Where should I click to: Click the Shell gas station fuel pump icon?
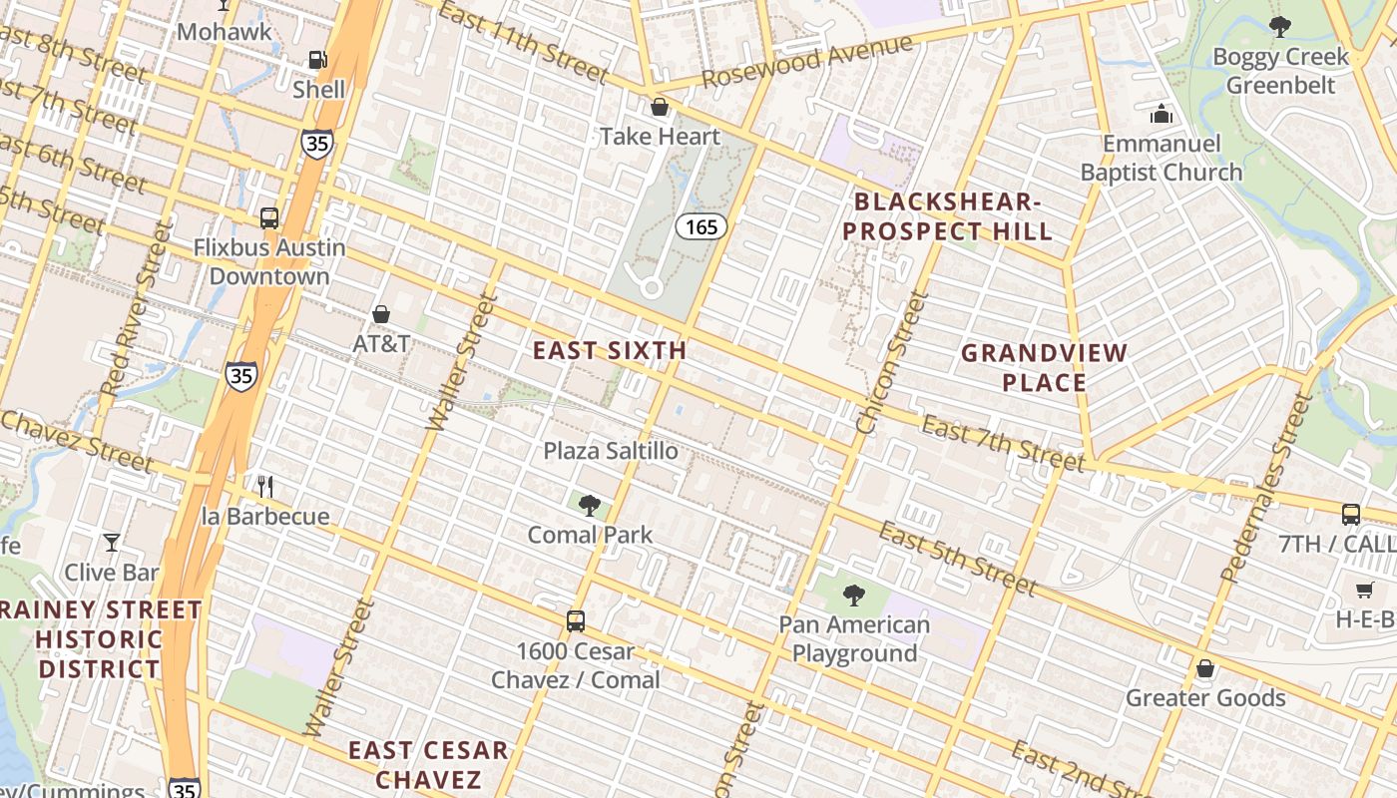pyautogui.click(x=317, y=60)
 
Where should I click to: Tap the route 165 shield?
pyautogui.click(x=701, y=226)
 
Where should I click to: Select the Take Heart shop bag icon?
pyautogui.click(x=659, y=107)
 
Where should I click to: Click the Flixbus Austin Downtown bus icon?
pyautogui.click(x=268, y=217)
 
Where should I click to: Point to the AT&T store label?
pyautogui.click(x=381, y=343)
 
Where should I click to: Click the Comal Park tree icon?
pyautogui.click(x=590, y=505)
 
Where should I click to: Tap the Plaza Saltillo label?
pyautogui.click(x=610, y=451)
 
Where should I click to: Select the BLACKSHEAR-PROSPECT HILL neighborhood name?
pyautogui.click(x=947, y=216)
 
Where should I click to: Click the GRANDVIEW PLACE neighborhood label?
pyautogui.click(x=1044, y=367)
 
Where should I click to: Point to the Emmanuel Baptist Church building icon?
pyautogui.click(x=1161, y=115)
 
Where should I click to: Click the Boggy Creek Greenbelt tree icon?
pyautogui.click(x=1279, y=27)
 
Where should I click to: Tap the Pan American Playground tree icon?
pyautogui.click(x=853, y=596)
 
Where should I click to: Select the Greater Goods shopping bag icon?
pyautogui.click(x=1205, y=668)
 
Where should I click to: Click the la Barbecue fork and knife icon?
pyautogui.click(x=265, y=487)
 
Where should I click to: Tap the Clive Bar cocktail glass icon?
pyautogui.click(x=112, y=543)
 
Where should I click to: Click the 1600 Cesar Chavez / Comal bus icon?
pyautogui.click(x=576, y=620)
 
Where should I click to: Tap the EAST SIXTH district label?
pyautogui.click(x=609, y=350)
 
